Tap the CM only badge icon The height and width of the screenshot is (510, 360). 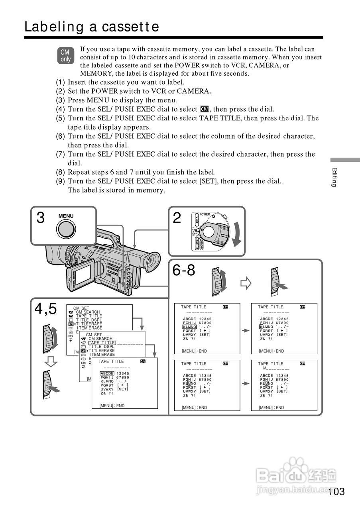(x=65, y=56)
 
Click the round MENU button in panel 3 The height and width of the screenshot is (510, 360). (x=66, y=229)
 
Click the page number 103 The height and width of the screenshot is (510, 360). (x=337, y=492)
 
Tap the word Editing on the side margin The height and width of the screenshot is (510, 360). (x=334, y=177)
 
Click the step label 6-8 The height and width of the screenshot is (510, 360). (x=184, y=271)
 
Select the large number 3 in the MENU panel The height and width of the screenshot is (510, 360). (x=40, y=218)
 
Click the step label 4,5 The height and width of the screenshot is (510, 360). (x=45, y=308)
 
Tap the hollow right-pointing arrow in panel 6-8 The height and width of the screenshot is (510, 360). (x=246, y=283)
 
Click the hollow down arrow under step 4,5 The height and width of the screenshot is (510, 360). (x=51, y=361)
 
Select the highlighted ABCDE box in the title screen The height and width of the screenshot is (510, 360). (x=107, y=373)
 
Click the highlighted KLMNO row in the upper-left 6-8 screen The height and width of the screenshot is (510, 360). (x=190, y=327)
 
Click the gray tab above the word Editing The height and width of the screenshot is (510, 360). (x=345, y=160)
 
